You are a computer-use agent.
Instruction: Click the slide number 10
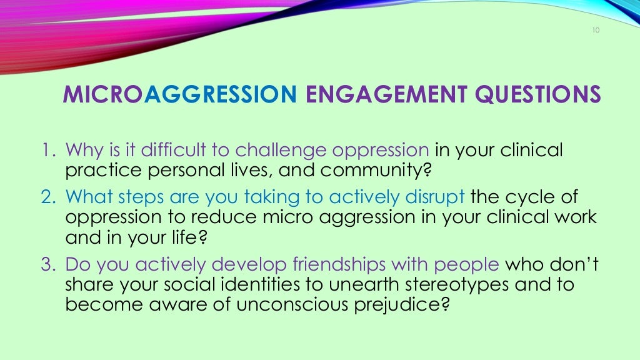pos(594,31)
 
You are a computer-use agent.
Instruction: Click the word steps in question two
pos(135,197)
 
